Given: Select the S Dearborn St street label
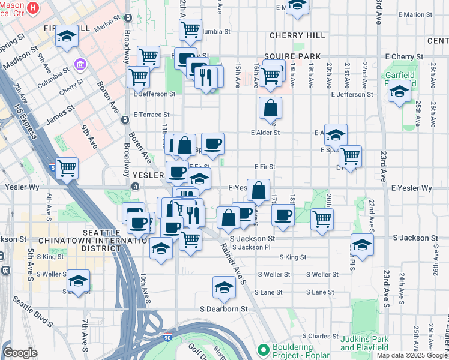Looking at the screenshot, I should coord(224,309).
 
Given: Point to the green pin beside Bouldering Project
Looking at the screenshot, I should coord(262,349).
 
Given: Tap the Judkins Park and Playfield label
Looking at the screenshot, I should coord(364,343).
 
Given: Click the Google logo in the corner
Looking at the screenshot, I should coord(20,353).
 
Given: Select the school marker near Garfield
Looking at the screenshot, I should coord(399,92).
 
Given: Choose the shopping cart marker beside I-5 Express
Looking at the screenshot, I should coord(67,167).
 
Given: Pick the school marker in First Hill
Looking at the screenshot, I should coord(67,35).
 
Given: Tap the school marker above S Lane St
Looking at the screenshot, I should coord(224,287).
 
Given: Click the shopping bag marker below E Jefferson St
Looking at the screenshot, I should coord(271,108).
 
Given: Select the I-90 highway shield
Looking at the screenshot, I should coord(167,338).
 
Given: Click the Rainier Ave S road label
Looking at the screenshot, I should coord(233,262).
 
